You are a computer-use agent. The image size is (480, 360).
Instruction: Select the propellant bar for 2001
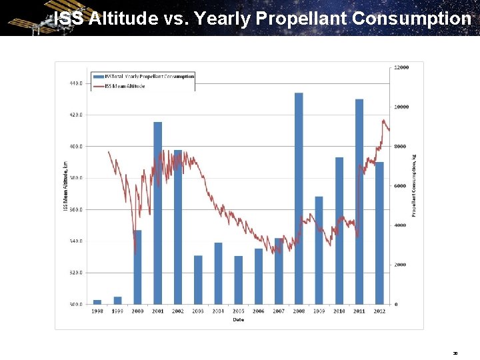(x=158, y=213)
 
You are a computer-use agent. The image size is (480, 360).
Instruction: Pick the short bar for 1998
(x=97, y=302)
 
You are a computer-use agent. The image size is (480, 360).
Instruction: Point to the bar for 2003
(x=198, y=280)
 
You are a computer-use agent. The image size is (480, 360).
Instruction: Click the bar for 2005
(x=238, y=280)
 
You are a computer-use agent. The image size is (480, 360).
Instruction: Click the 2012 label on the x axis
(x=379, y=311)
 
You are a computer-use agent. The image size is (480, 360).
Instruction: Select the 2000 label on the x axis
(x=137, y=311)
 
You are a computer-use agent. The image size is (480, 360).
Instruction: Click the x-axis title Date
(x=238, y=320)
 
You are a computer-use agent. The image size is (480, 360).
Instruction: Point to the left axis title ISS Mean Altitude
(x=65, y=187)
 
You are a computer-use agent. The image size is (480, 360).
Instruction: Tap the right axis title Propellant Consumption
(x=414, y=185)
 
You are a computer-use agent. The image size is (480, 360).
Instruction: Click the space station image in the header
(x=27, y=18)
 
